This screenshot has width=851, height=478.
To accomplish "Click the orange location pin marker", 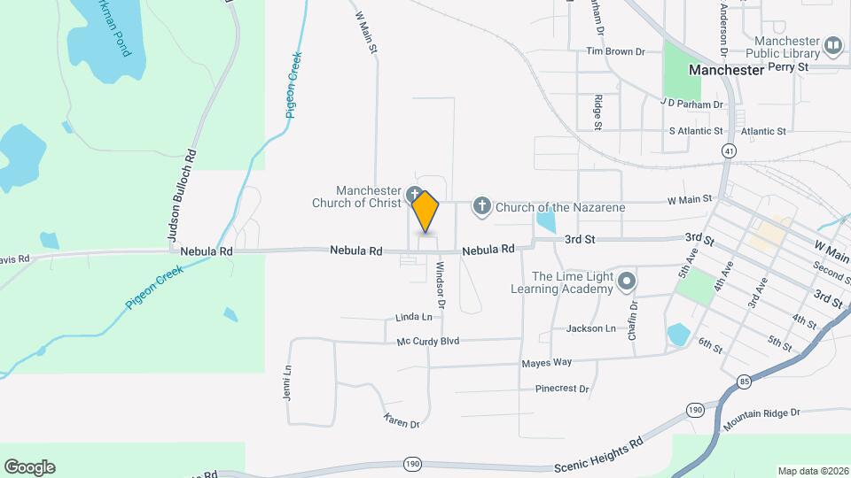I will (425, 212).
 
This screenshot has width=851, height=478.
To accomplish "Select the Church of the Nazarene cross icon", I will (481, 207).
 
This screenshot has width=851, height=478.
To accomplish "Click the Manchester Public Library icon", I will (832, 45).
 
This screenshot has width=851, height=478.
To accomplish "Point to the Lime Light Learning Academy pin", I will (627, 282).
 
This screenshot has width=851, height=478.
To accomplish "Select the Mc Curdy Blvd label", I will (428, 341).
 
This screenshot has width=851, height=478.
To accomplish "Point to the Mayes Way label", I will (547, 362).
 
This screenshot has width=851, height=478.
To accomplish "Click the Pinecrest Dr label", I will (562, 388).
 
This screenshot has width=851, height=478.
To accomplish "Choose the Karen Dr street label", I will (402, 420).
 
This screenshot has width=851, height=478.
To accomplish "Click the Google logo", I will (29, 466).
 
